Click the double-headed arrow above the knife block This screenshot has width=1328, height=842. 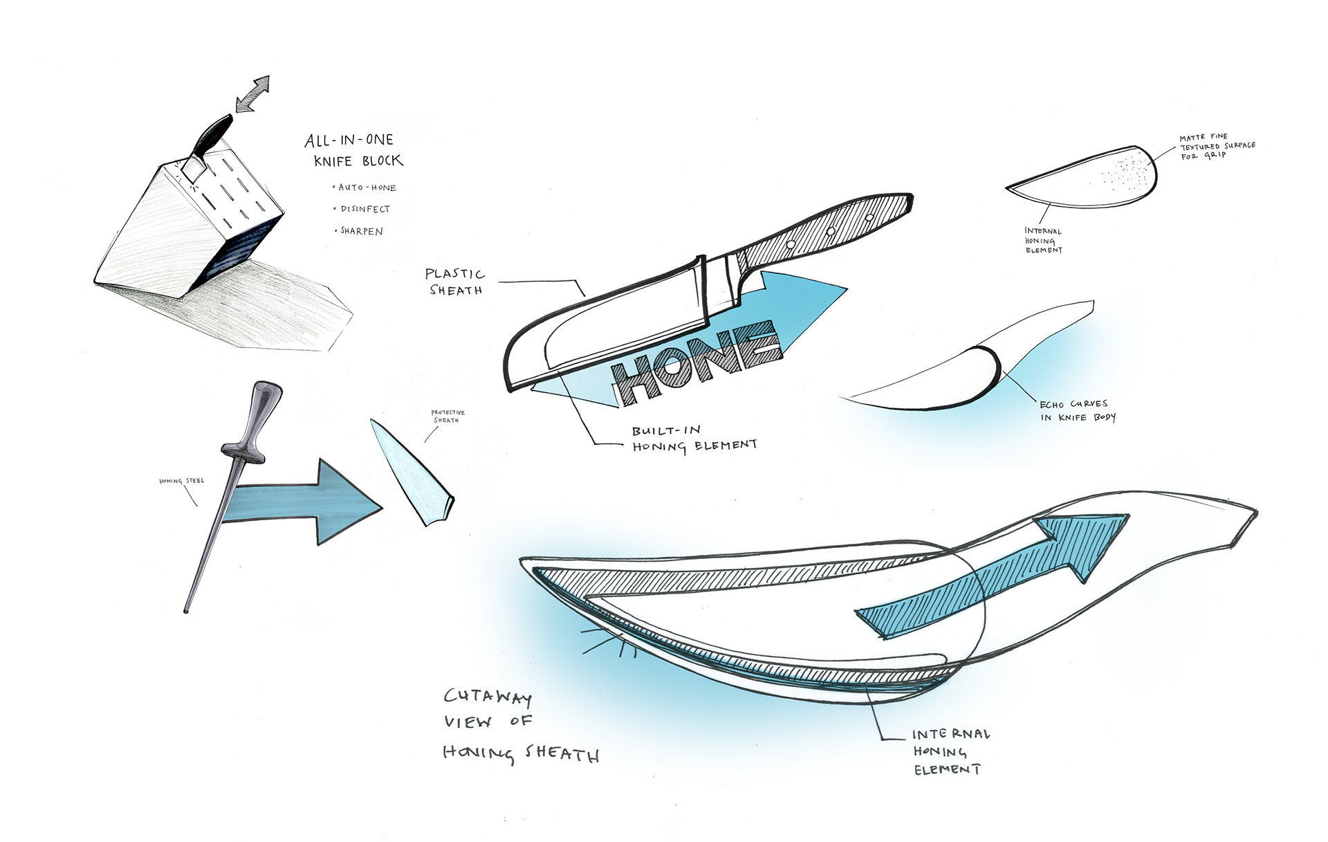pos(252,94)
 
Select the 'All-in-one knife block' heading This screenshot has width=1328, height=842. pos(353,150)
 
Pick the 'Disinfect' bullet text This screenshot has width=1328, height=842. pos(365,209)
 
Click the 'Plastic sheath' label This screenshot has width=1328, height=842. pos(455,282)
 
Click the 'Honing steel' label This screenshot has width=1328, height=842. pos(182,481)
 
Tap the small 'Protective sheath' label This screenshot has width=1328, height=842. pos(448,416)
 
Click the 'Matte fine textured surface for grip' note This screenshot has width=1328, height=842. pos(1217,147)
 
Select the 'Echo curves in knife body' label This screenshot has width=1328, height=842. pos(1078,410)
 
